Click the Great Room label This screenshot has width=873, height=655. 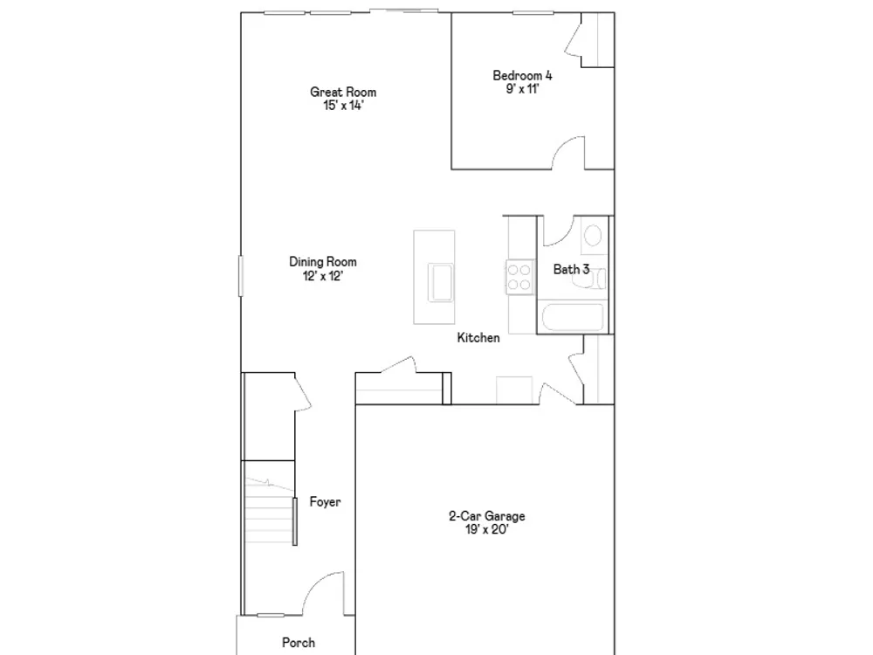click(x=343, y=92)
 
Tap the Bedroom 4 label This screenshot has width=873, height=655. click(x=522, y=75)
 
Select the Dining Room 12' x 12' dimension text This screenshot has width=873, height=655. click(x=323, y=276)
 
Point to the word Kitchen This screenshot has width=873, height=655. click(x=478, y=337)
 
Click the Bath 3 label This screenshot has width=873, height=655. click(x=571, y=270)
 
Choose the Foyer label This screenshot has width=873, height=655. click(x=325, y=502)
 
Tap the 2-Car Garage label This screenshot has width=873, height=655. click(x=487, y=516)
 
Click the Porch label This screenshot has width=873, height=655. click(x=299, y=643)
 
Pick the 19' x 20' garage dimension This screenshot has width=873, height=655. click(x=487, y=530)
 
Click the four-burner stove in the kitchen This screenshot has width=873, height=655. click(x=519, y=278)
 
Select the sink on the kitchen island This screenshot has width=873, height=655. click(x=441, y=282)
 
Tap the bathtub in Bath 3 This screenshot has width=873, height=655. click(x=573, y=317)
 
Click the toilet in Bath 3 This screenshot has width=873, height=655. click(x=589, y=278)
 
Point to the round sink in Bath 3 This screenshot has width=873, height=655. click(x=593, y=236)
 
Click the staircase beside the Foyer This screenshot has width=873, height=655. click(x=270, y=511)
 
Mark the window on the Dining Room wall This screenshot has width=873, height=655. click(x=241, y=276)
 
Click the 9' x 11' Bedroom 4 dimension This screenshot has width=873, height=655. click(x=522, y=89)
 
